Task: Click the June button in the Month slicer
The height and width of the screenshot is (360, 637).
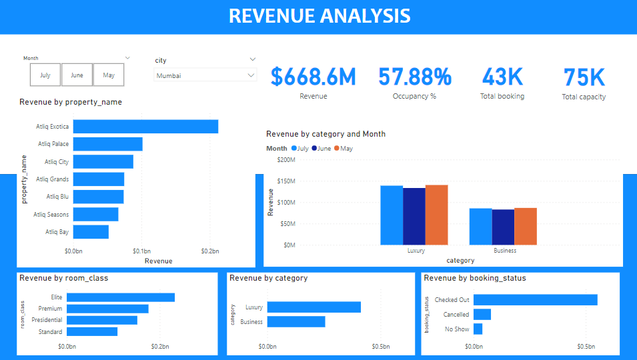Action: tap(77, 75)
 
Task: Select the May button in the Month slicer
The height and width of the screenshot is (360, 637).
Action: tap(108, 75)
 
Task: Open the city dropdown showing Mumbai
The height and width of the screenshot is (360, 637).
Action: tap(205, 76)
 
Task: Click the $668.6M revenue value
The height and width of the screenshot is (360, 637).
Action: tap(313, 77)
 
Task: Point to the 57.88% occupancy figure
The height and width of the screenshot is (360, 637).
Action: tap(414, 77)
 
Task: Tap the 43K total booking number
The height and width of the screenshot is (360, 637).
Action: tap(502, 77)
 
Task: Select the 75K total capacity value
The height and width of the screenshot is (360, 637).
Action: tap(584, 77)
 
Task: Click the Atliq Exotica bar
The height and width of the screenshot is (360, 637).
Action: tap(145, 127)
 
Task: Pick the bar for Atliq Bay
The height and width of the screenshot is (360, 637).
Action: tap(91, 232)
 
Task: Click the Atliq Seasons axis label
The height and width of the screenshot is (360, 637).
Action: tap(51, 214)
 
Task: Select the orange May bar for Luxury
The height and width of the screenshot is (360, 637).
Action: tap(436, 215)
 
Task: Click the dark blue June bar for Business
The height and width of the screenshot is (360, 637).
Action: tap(503, 227)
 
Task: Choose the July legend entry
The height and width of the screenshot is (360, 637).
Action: tap(299, 149)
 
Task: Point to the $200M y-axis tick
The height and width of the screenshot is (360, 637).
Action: tap(285, 160)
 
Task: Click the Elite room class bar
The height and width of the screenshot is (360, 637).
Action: tap(121, 297)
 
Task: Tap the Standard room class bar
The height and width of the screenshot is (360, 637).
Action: tap(92, 331)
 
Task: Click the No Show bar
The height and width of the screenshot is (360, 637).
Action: tap(478, 329)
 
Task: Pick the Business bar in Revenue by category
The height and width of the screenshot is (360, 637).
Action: tap(296, 321)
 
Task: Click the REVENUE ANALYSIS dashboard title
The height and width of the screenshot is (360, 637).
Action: tap(319, 16)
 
